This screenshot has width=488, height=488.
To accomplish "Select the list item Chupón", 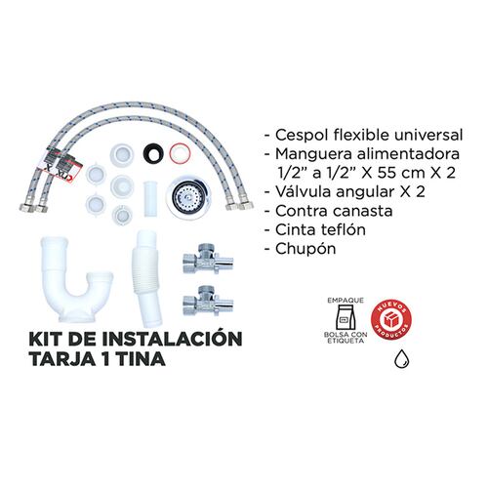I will [304, 248].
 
